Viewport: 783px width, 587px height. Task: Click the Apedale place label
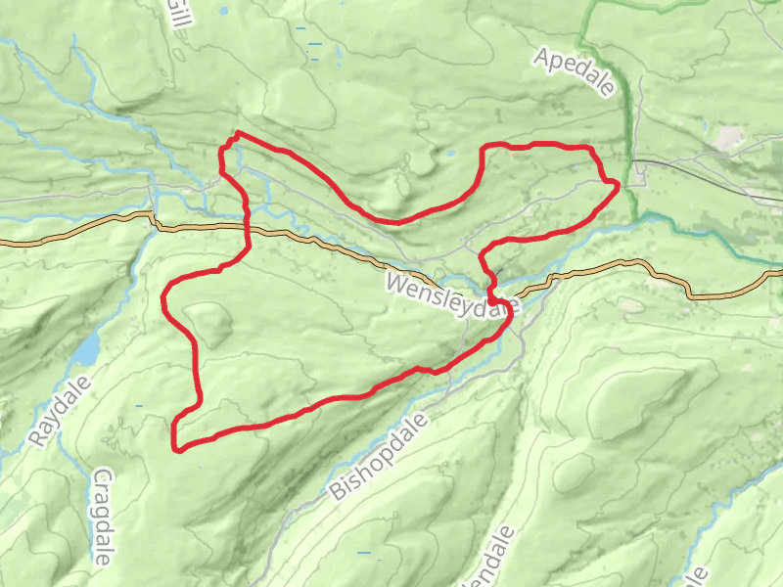[x=576, y=71]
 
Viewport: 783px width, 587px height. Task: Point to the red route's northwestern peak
[x=238, y=134]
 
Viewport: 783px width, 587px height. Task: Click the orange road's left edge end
[x=2, y=241]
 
